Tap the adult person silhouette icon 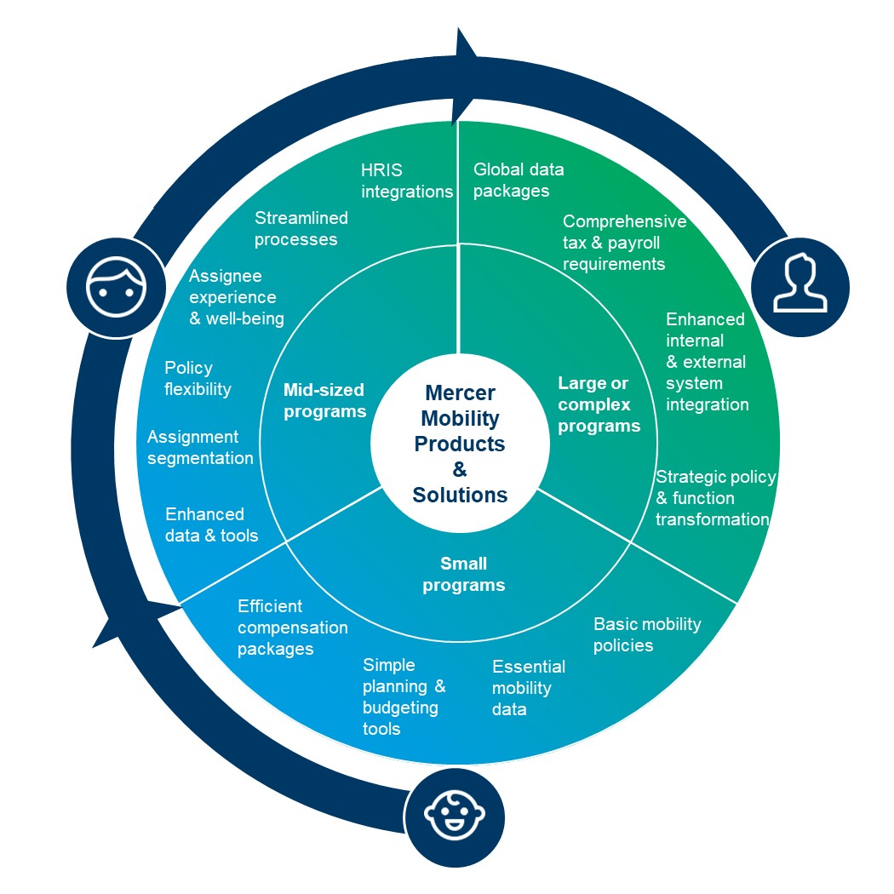(x=800, y=283)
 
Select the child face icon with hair (x=117, y=287)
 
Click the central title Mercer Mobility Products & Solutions (x=460, y=444)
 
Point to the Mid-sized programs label (x=325, y=400)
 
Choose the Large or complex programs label (x=599, y=404)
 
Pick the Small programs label (x=463, y=574)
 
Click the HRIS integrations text (x=407, y=181)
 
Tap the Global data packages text (x=519, y=180)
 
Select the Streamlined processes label (x=301, y=228)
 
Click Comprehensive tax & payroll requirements (x=624, y=243)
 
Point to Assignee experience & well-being (x=237, y=297)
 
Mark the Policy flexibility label (x=198, y=378)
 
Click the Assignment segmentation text (x=200, y=447)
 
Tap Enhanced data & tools (x=211, y=524)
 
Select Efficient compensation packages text (x=293, y=628)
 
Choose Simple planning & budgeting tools (x=404, y=696)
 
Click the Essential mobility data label (x=529, y=688)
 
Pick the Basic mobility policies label (x=647, y=634)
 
